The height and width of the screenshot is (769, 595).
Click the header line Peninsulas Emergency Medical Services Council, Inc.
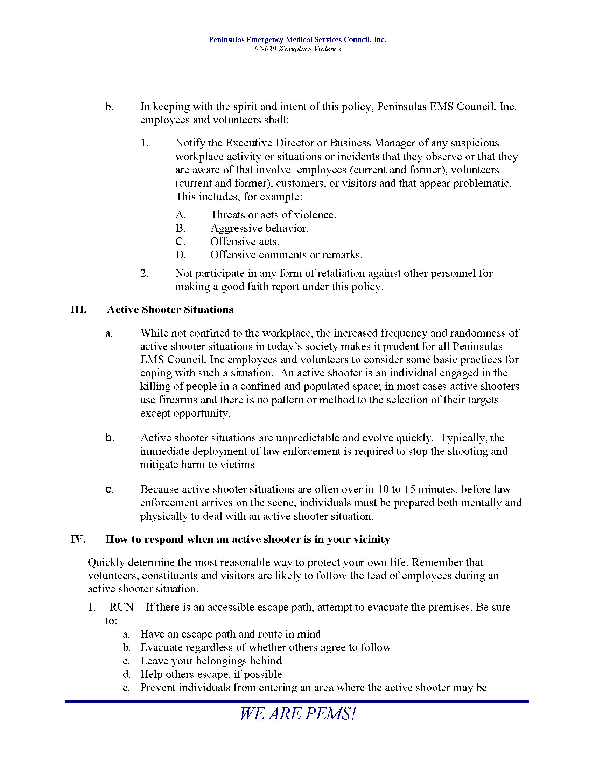pyautogui.click(x=297, y=40)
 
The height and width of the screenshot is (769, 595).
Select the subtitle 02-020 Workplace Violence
pyautogui.click(x=297, y=49)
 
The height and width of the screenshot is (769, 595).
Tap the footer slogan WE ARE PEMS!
pyautogui.click(x=297, y=714)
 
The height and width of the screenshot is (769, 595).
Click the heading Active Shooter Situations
pyautogui.click(x=170, y=310)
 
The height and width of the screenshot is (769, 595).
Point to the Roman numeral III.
pyautogui.click(x=78, y=310)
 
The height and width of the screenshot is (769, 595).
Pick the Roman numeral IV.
pyautogui.click(x=78, y=539)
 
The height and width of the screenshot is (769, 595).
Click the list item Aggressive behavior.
pyautogui.click(x=259, y=228)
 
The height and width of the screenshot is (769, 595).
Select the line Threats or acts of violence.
pyautogui.click(x=273, y=215)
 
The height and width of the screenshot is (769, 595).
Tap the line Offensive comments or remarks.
pyautogui.click(x=286, y=255)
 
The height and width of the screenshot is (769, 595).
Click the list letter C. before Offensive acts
pyautogui.click(x=180, y=242)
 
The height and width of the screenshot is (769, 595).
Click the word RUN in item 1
pyautogui.click(x=121, y=607)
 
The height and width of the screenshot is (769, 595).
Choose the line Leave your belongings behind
pyautogui.click(x=211, y=661)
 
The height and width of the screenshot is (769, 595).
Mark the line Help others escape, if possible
pyautogui.click(x=211, y=674)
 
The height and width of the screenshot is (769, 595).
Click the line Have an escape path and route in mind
pyautogui.click(x=231, y=634)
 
